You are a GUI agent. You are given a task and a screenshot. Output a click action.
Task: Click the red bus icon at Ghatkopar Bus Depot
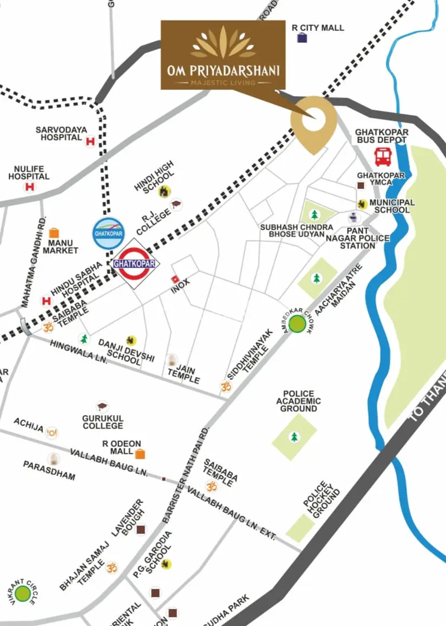click(383, 157)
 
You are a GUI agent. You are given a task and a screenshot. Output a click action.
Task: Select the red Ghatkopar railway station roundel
click(134, 264)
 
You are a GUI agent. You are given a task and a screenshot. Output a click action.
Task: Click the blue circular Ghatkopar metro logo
click(108, 233)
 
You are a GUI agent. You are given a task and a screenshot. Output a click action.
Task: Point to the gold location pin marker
click(313, 121)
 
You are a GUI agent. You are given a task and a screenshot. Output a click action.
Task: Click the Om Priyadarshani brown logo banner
click(223, 55)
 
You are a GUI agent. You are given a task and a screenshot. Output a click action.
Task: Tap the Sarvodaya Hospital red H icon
click(90, 141)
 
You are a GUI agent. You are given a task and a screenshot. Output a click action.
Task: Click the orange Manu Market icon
click(54, 233)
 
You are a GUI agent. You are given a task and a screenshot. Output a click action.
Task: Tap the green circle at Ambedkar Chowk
click(297, 324)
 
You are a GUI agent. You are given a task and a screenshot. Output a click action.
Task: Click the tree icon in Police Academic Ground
click(294, 436)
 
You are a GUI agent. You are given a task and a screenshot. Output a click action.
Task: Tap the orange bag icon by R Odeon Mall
click(140, 453)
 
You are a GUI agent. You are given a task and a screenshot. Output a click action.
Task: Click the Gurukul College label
click(103, 422)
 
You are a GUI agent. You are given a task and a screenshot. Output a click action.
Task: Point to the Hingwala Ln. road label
click(78, 353)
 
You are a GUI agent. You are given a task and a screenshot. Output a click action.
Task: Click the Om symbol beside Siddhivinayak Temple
click(225, 386)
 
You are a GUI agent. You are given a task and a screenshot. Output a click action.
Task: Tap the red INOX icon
click(175, 279)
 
